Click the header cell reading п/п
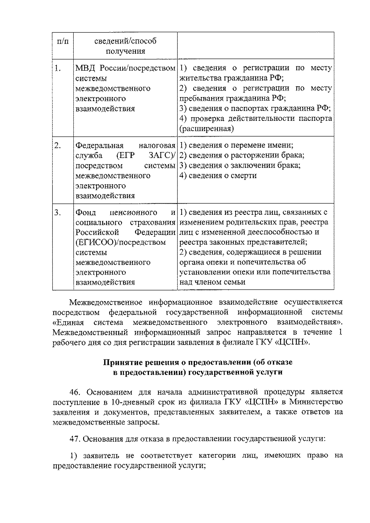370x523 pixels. [x=63, y=41]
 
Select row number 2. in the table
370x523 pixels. [x=57, y=145]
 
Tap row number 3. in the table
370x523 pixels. [x=57, y=213]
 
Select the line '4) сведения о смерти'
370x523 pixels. [x=218, y=176]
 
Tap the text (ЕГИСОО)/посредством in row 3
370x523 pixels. [x=121, y=242]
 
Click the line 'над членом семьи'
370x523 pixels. [x=212, y=282]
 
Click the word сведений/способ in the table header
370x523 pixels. [x=125, y=41]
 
